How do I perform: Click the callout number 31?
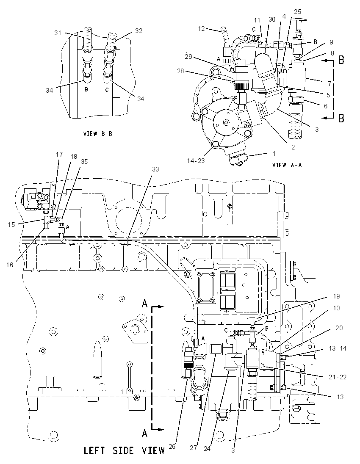(x=58, y=33)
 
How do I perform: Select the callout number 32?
(x=138, y=31)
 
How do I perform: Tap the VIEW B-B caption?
(x=98, y=134)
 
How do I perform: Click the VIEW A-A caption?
(x=287, y=165)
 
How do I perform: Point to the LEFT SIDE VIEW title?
(x=125, y=451)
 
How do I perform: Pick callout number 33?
(x=155, y=169)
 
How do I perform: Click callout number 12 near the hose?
(x=201, y=29)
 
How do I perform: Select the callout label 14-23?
(x=196, y=161)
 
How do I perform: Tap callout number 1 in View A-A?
(x=274, y=153)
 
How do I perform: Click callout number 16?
(x=10, y=265)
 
